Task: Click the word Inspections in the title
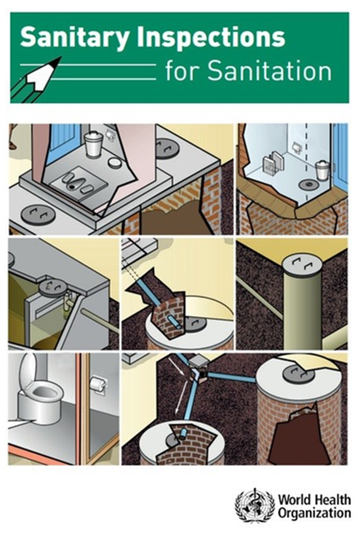[x=211, y=37]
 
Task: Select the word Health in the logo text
[x=334, y=499]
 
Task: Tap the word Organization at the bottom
[x=314, y=514]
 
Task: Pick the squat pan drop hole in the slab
[x=72, y=186]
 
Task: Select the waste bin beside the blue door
[x=322, y=170]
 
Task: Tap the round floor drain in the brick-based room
[x=309, y=184]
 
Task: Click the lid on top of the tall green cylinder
[x=301, y=264]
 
